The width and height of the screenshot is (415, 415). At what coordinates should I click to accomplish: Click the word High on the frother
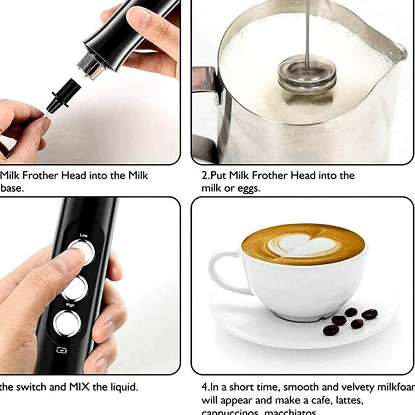[70, 304]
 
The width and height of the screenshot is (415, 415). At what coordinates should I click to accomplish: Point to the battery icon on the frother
[60, 350]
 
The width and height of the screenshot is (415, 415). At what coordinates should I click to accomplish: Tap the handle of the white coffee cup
[223, 274]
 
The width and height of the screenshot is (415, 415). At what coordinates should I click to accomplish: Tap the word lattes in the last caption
[348, 400]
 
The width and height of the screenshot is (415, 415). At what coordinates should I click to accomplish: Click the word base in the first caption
[12, 188]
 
